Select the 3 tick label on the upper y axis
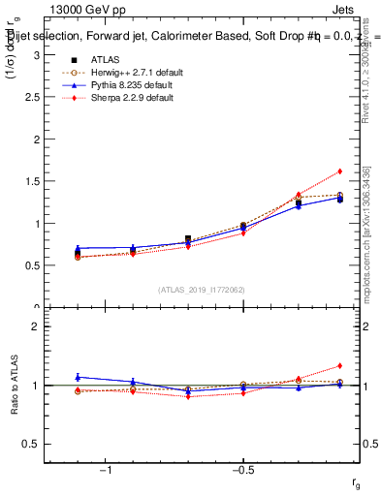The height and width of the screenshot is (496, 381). point(37,55)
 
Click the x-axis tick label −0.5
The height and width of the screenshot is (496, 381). point(241,472)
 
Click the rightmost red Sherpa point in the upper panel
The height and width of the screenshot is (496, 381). point(339,171)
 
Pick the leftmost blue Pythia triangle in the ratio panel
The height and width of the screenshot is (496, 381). point(78,377)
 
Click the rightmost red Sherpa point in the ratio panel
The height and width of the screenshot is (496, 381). point(339,365)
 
